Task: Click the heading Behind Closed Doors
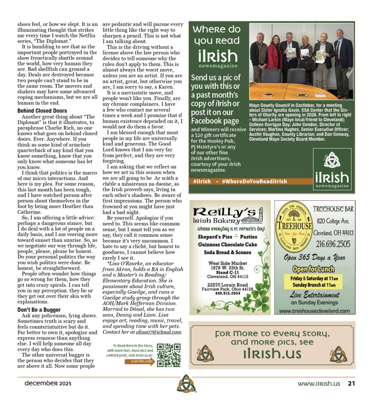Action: (x=42, y=111)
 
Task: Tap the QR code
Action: (x=168, y=355)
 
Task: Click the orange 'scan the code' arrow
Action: (x=139, y=362)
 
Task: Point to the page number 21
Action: (x=351, y=383)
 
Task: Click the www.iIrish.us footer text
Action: (x=319, y=383)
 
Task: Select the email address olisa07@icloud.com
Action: (x=159, y=331)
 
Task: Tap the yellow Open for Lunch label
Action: (x=313, y=269)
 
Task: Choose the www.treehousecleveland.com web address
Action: (x=314, y=311)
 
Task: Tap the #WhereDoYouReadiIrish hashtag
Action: (x=254, y=181)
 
